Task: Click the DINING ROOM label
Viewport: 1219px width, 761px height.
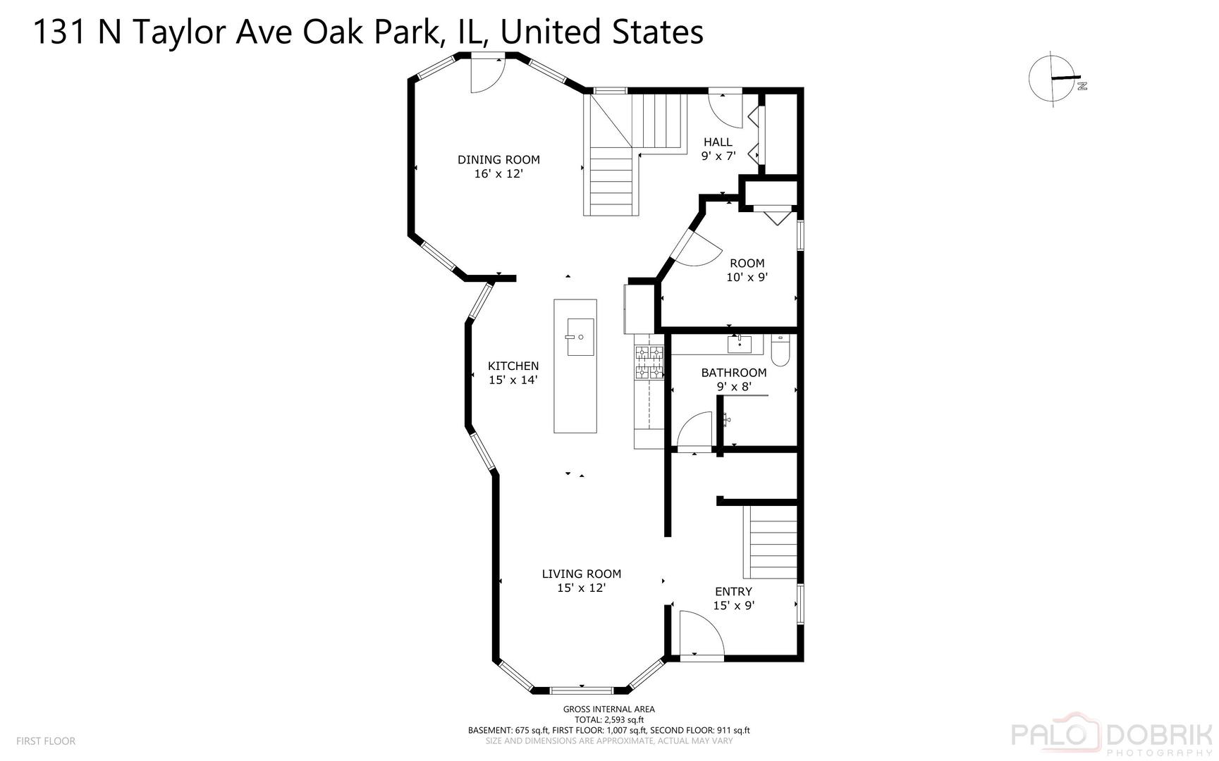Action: tap(498, 160)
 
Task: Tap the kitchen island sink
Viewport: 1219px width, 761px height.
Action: tap(580, 337)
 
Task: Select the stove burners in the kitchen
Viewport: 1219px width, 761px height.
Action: tap(649, 362)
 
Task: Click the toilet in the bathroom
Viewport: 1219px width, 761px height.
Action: tap(780, 350)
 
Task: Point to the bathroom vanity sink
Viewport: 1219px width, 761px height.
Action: tap(739, 344)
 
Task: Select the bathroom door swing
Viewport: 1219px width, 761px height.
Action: tap(697, 431)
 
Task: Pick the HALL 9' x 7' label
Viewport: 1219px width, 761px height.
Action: tap(718, 149)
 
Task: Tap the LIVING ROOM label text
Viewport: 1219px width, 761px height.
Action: tap(581, 574)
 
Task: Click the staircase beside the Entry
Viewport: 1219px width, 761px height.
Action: tap(771, 543)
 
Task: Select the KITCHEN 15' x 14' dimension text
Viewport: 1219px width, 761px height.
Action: tap(513, 380)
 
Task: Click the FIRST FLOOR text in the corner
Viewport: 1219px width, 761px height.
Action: tap(46, 741)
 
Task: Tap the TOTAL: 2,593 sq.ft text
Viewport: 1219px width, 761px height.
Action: tap(608, 719)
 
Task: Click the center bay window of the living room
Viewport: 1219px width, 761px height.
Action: tap(582, 690)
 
